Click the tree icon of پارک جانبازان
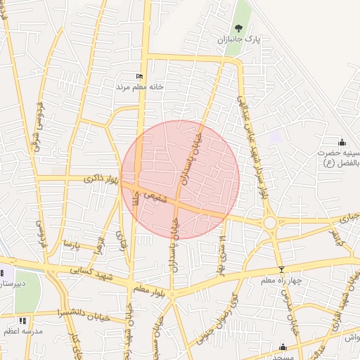(x=238, y=29)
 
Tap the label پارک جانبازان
(x=239, y=40)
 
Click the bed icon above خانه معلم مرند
(x=139, y=77)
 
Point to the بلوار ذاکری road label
(x=101, y=180)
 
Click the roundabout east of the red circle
(x=270, y=223)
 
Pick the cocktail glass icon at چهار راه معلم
(x=282, y=269)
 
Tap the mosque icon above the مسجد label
(x=283, y=347)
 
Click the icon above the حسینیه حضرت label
(x=342, y=142)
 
